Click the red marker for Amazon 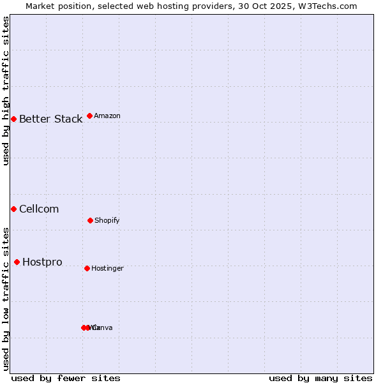(x=89, y=116)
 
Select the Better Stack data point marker (x=13, y=119)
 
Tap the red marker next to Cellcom (x=13, y=209)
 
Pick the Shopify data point (x=90, y=220)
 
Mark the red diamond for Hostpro (x=17, y=262)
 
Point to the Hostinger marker (x=87, y=268)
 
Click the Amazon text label (x=107, y=116)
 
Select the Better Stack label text (x=50, y=119)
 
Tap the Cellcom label (x=39, y=209)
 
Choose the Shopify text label (x=107, y=220)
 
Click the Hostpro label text (x=42, y=262)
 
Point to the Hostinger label (x=107, y=268)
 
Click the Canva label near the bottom (x=102, y=327)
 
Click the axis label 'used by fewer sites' (x=66, y=378)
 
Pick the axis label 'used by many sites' (x=320, y=378)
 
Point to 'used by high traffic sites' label (x=6, y=91)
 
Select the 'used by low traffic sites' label (x=6, y=299)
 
